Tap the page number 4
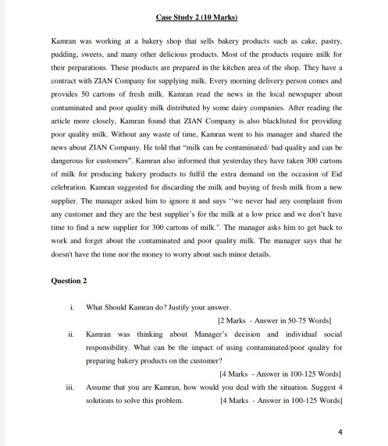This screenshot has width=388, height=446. pos(341,430)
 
